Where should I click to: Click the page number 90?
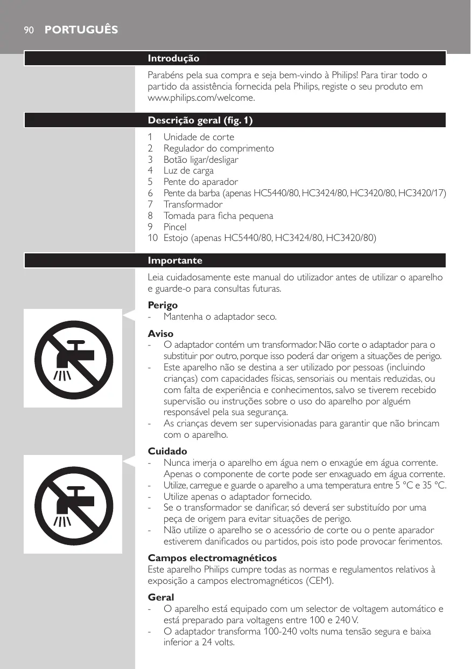(28, 30)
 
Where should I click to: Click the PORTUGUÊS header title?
(81, 30)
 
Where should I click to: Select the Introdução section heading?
(173, 58)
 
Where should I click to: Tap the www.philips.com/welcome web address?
(201, 98)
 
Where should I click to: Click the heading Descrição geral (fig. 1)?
(200, 120)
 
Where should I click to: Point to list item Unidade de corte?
(199, 137)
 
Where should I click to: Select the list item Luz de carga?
(188, 171)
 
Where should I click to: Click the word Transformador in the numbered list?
(193, 204)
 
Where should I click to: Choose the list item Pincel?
(175, 227)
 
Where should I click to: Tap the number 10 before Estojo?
(153, 238)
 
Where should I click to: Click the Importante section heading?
(175, 261)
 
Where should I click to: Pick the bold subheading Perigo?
(163, 305)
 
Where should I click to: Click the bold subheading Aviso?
(160, 334)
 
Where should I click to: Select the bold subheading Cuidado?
(167, 451)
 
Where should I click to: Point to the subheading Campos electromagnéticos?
(212, 557)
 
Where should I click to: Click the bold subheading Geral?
(161, 597)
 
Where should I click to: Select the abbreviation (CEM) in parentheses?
(319, 581)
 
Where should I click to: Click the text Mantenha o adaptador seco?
(220, 316)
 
